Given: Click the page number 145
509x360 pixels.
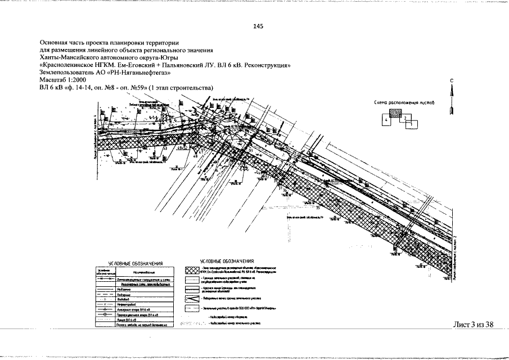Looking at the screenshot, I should (x=258, y=26).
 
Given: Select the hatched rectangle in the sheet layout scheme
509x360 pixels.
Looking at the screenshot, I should (x=398, y=113).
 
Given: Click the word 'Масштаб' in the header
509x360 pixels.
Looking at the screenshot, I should (x=51, y=80).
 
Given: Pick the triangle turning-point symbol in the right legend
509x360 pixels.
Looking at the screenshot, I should (x=193, y=298).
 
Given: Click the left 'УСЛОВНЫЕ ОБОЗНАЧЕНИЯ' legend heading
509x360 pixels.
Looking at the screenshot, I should (x=135, y=263).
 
